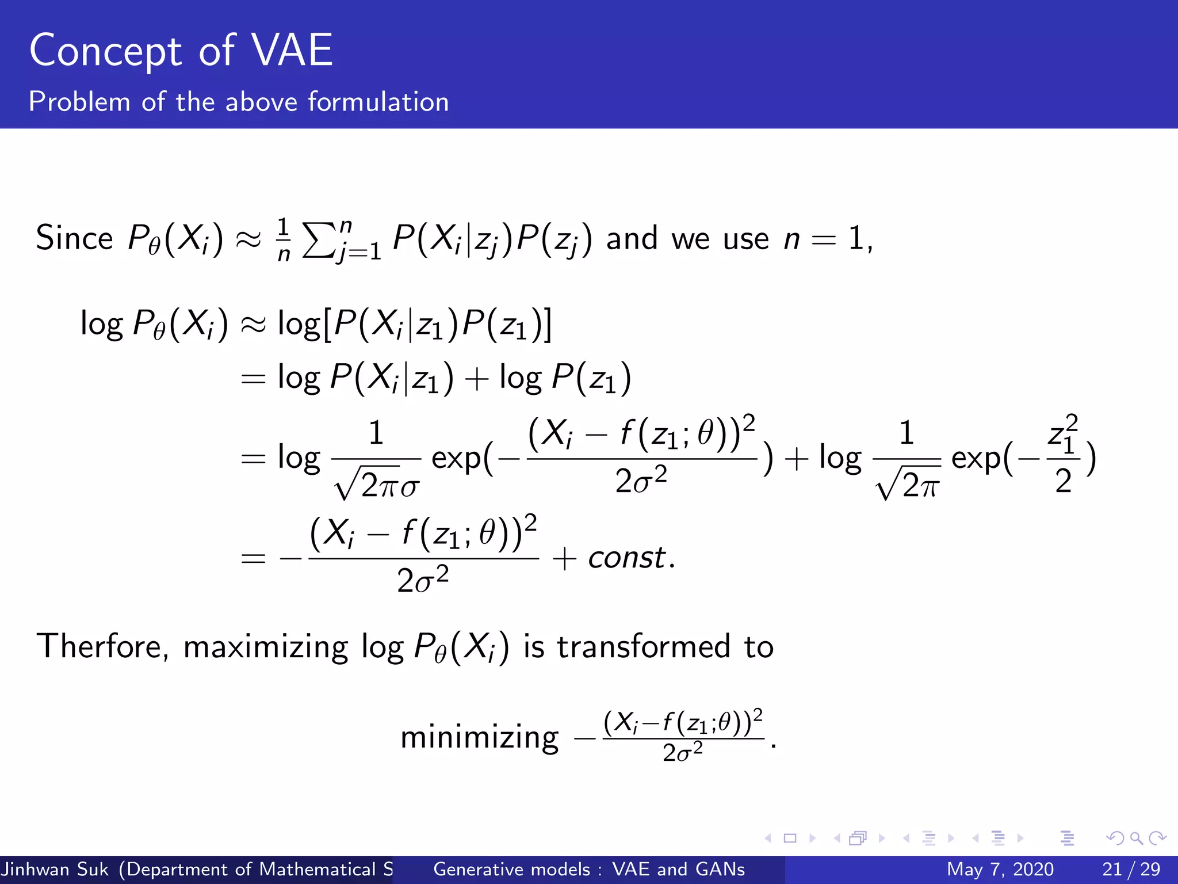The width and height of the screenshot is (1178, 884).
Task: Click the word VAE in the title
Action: [293, 51]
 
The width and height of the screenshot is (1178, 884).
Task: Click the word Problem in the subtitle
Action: [79, 102]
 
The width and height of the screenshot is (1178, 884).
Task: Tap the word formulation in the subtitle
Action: [378, 102]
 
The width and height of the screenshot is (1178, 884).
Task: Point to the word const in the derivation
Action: [626, 558]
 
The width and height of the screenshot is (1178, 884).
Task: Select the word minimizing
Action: [479, 737]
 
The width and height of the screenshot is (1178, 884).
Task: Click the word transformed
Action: [644, 646]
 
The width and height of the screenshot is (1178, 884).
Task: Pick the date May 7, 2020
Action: [1000, 869]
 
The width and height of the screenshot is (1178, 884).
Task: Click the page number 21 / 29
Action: [1131, 869]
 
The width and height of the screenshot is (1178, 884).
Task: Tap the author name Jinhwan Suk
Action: [55, 869]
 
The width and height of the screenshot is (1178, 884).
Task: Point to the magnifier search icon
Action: [1136, 838]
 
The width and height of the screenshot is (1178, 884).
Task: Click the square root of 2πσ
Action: [377, 482]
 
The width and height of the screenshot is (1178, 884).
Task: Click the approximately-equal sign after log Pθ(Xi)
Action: [253, 325]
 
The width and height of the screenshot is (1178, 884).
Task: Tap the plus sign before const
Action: [564, 558]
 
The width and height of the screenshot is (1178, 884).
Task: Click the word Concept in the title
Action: [106, 51]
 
